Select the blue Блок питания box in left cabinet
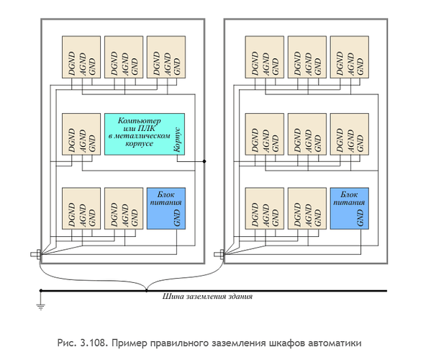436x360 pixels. (166, 209)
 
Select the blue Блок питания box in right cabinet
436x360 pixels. (350, 209)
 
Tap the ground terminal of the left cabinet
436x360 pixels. (35, 253)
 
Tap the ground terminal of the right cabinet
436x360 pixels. (219, 253)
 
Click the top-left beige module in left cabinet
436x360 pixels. (81, 58)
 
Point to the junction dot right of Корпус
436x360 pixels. (206, 161)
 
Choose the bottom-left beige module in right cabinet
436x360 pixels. (265, 209)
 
